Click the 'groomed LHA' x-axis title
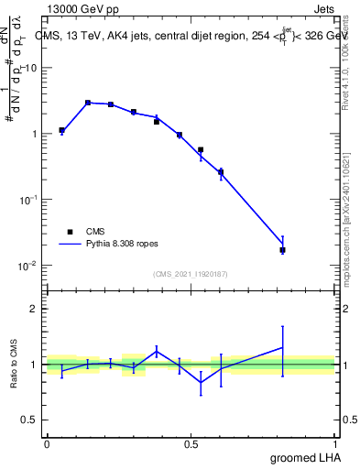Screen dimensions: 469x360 pyautogui.click(x=306, y=457)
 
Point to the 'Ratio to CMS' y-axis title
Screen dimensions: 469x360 pyautogui.click(x=14, y=364)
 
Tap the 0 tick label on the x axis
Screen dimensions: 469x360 pyautogui.click(x=47, y=442)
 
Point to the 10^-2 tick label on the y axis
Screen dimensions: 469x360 pyautogui.click(x=28, y=265)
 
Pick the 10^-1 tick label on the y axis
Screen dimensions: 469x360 pyautogui.click(x=28, y=199)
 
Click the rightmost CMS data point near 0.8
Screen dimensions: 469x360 pyautogui.click(x=282, y=249)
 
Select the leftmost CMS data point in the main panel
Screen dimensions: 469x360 pyautogui.click(x=61, y=130)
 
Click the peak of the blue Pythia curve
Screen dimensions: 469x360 pyautogui.click(x=88, y=103)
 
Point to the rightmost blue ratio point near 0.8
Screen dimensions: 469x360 pyautogui.click(x=282, y=347)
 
